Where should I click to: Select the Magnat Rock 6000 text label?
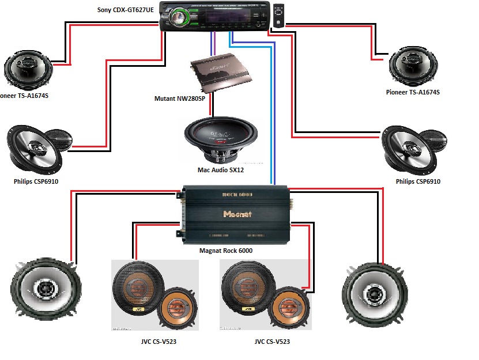[x=225, y=251]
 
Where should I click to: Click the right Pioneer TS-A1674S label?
[x=413, y=92]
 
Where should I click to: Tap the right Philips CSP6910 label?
[x=418, y=181]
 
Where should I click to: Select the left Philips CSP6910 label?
[x=36, y=181]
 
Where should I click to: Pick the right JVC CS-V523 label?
[x=272, y=342]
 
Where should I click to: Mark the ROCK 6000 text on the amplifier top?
[x=237, y=196]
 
